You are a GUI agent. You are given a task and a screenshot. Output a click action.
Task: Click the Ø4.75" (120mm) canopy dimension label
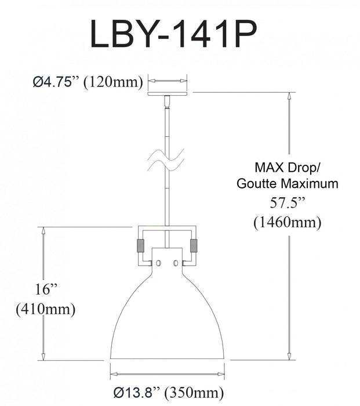coord(87,82)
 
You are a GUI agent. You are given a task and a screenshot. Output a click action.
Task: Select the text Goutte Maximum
coord(288,184)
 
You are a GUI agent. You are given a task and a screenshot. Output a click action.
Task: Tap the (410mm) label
coord(45,309)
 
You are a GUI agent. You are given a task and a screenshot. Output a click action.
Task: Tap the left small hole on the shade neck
coord(158,263)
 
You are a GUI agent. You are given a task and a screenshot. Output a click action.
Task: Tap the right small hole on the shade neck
coord(177,263)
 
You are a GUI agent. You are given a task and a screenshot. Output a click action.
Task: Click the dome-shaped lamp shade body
coord(168,319)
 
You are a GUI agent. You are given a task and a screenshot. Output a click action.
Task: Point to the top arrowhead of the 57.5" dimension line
coord(288,96)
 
